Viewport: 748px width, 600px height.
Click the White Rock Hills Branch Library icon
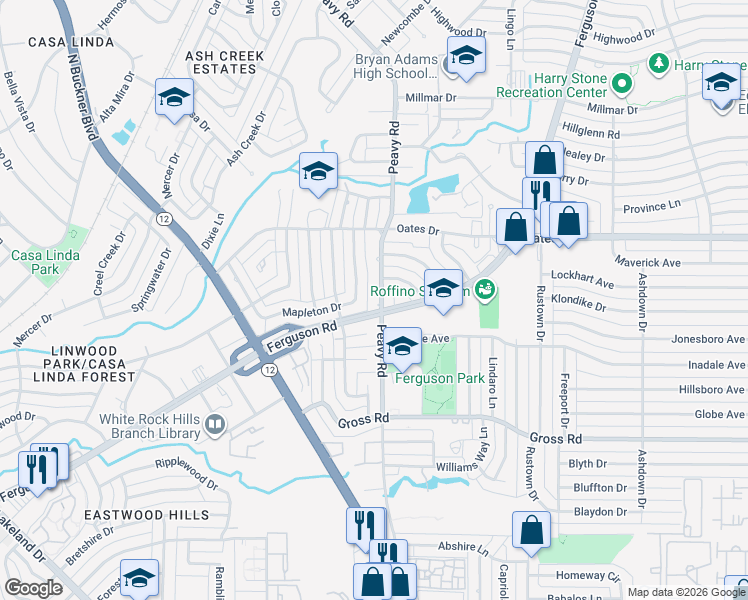[213, 427]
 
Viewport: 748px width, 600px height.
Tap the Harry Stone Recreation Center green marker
[621, 83]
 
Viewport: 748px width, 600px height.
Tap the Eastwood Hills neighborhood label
[146, 515]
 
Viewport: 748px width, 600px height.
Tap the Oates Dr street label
[419, 230]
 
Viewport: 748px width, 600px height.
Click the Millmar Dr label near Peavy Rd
[431, 98]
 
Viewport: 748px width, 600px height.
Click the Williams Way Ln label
[465, 466]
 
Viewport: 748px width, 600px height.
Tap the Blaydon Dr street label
[600, 512]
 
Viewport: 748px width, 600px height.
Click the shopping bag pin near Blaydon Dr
[532, 531]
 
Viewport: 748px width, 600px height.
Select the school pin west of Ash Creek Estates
[174, 98]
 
